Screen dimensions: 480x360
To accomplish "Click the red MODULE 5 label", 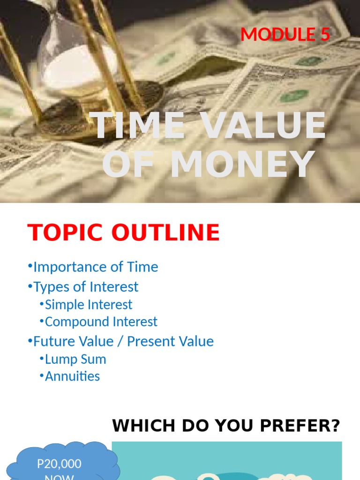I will (x=285, y=35).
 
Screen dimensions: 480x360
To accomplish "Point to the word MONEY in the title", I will (x=242, y=165).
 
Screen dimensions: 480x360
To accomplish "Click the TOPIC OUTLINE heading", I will (x=124, y=232).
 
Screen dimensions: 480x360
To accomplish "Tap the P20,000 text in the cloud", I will (x=59, y=464).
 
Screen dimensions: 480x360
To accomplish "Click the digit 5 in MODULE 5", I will (x=325, y=35).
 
